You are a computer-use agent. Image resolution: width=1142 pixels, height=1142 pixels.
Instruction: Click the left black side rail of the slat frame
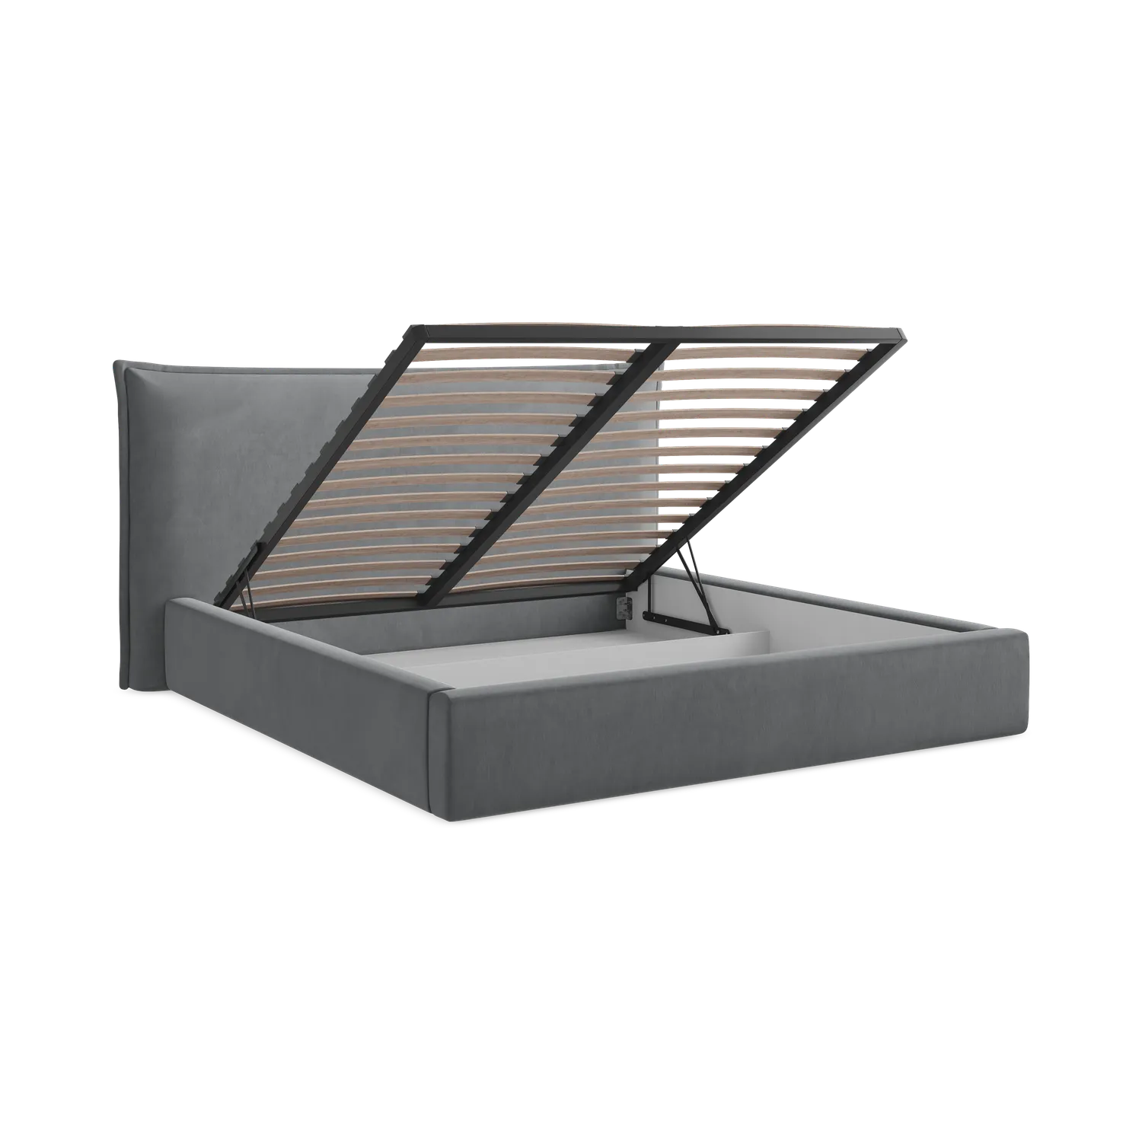(x=320, y=457)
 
